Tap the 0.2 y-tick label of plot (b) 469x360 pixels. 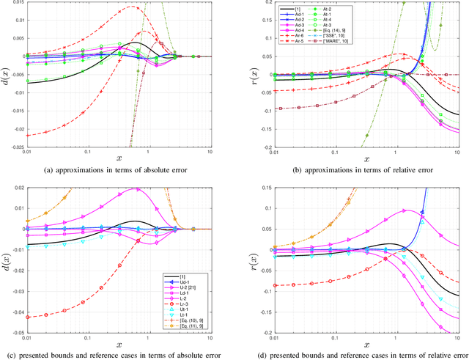pyautogui.click(x=250, y=3)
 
